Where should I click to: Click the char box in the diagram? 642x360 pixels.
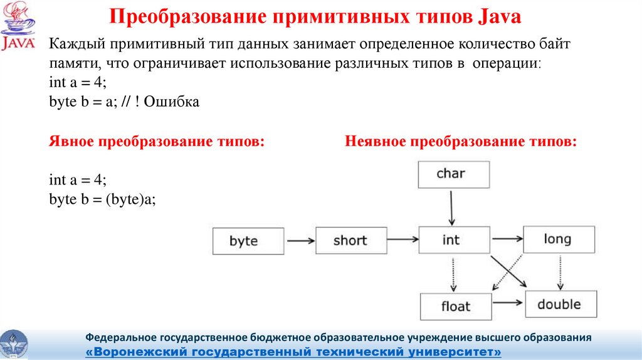[454, 174]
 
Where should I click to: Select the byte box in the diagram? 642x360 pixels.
[248, 241]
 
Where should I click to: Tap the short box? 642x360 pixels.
[351, 240]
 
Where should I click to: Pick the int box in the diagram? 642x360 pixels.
[454, 240]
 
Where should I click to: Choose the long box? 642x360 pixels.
[559, 239]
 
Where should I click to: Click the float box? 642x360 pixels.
[456, 306]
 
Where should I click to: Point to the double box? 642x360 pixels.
[561, 304]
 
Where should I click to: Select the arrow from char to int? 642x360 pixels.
[451, 208]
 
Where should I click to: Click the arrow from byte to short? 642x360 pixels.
[301, 241]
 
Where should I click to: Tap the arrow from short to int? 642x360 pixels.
[403, 240]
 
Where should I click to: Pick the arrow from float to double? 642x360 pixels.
[508, 303]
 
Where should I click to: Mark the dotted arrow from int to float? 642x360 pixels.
[453, 275]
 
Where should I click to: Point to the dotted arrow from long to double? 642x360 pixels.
[560, 272]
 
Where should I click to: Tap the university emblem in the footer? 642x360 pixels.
[14, 345]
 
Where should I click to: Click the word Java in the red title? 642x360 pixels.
[499, 17]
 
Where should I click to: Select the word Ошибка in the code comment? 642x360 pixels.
[172, 102]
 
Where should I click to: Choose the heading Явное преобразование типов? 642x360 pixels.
[157, 141]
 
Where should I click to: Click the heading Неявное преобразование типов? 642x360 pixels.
[461, 141]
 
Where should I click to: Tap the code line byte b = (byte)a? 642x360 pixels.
[102, 199]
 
